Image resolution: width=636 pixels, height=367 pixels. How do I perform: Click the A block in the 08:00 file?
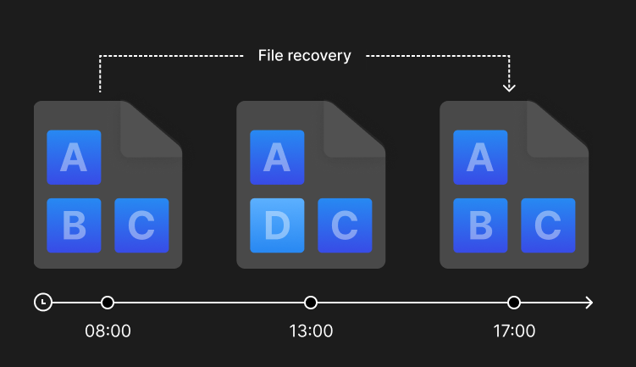click(74, 157)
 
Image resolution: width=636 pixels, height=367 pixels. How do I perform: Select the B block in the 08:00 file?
click(74, 225)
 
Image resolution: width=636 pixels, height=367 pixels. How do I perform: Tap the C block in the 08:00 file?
click(141, 225)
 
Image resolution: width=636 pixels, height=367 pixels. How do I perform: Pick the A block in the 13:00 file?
click(277, 157)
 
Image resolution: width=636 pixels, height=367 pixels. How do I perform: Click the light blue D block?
click(277, 225)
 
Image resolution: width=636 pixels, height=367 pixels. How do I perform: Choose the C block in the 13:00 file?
click(345, 225)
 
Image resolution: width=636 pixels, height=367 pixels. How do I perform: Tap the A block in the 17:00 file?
click(480, 157)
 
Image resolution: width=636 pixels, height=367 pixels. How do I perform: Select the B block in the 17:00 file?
click(480, 225)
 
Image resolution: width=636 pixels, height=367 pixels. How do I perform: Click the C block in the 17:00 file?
click(548, 225)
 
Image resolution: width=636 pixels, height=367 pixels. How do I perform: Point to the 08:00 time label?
click(108, 331)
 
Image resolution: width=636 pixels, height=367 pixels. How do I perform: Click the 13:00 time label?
click(311, 331)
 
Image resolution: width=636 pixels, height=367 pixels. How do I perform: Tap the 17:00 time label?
click(514, 331)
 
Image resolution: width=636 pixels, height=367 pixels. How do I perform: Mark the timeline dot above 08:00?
click(108, 303)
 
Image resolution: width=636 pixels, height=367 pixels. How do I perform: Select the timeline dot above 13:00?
click(311, 303)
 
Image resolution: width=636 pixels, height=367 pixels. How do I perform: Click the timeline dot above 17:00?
click(514, 303)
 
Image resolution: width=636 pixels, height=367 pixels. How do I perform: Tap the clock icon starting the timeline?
click(43, 303)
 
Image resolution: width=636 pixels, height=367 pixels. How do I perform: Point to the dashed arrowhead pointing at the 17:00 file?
click(509, 87)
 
